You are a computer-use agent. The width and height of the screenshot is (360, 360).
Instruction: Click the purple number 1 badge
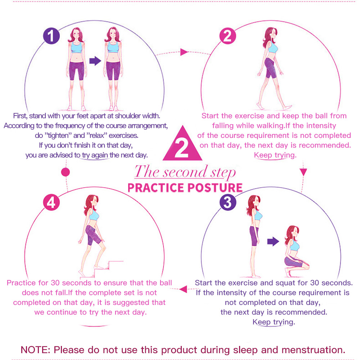pos(51,36)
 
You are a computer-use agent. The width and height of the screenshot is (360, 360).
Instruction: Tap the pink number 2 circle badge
pos(228,36)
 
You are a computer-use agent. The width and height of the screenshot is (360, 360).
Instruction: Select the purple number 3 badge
pos(228,202)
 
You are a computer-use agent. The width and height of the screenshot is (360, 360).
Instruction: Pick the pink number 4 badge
pos(51,202)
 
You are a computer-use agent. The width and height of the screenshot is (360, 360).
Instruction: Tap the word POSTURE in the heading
pos(215,188)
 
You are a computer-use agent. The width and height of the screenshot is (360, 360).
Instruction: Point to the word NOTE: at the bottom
pos(35,350)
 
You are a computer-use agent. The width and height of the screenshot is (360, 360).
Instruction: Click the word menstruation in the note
pos(314,350)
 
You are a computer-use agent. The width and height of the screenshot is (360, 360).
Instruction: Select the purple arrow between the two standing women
pos(95,61)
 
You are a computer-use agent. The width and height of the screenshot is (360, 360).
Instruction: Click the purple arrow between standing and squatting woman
pos(273,241)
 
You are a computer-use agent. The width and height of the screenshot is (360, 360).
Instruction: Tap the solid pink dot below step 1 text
pos(66,172)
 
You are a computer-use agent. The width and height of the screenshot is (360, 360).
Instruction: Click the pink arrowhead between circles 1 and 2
pos(184,52)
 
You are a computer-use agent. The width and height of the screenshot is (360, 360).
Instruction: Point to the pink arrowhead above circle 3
pos(303,172)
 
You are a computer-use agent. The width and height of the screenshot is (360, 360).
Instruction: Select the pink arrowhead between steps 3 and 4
pos(183,289)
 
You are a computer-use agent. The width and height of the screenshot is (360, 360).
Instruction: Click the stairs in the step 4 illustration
pos(105,269)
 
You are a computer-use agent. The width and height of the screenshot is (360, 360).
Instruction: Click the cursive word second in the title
pos(185,172)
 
